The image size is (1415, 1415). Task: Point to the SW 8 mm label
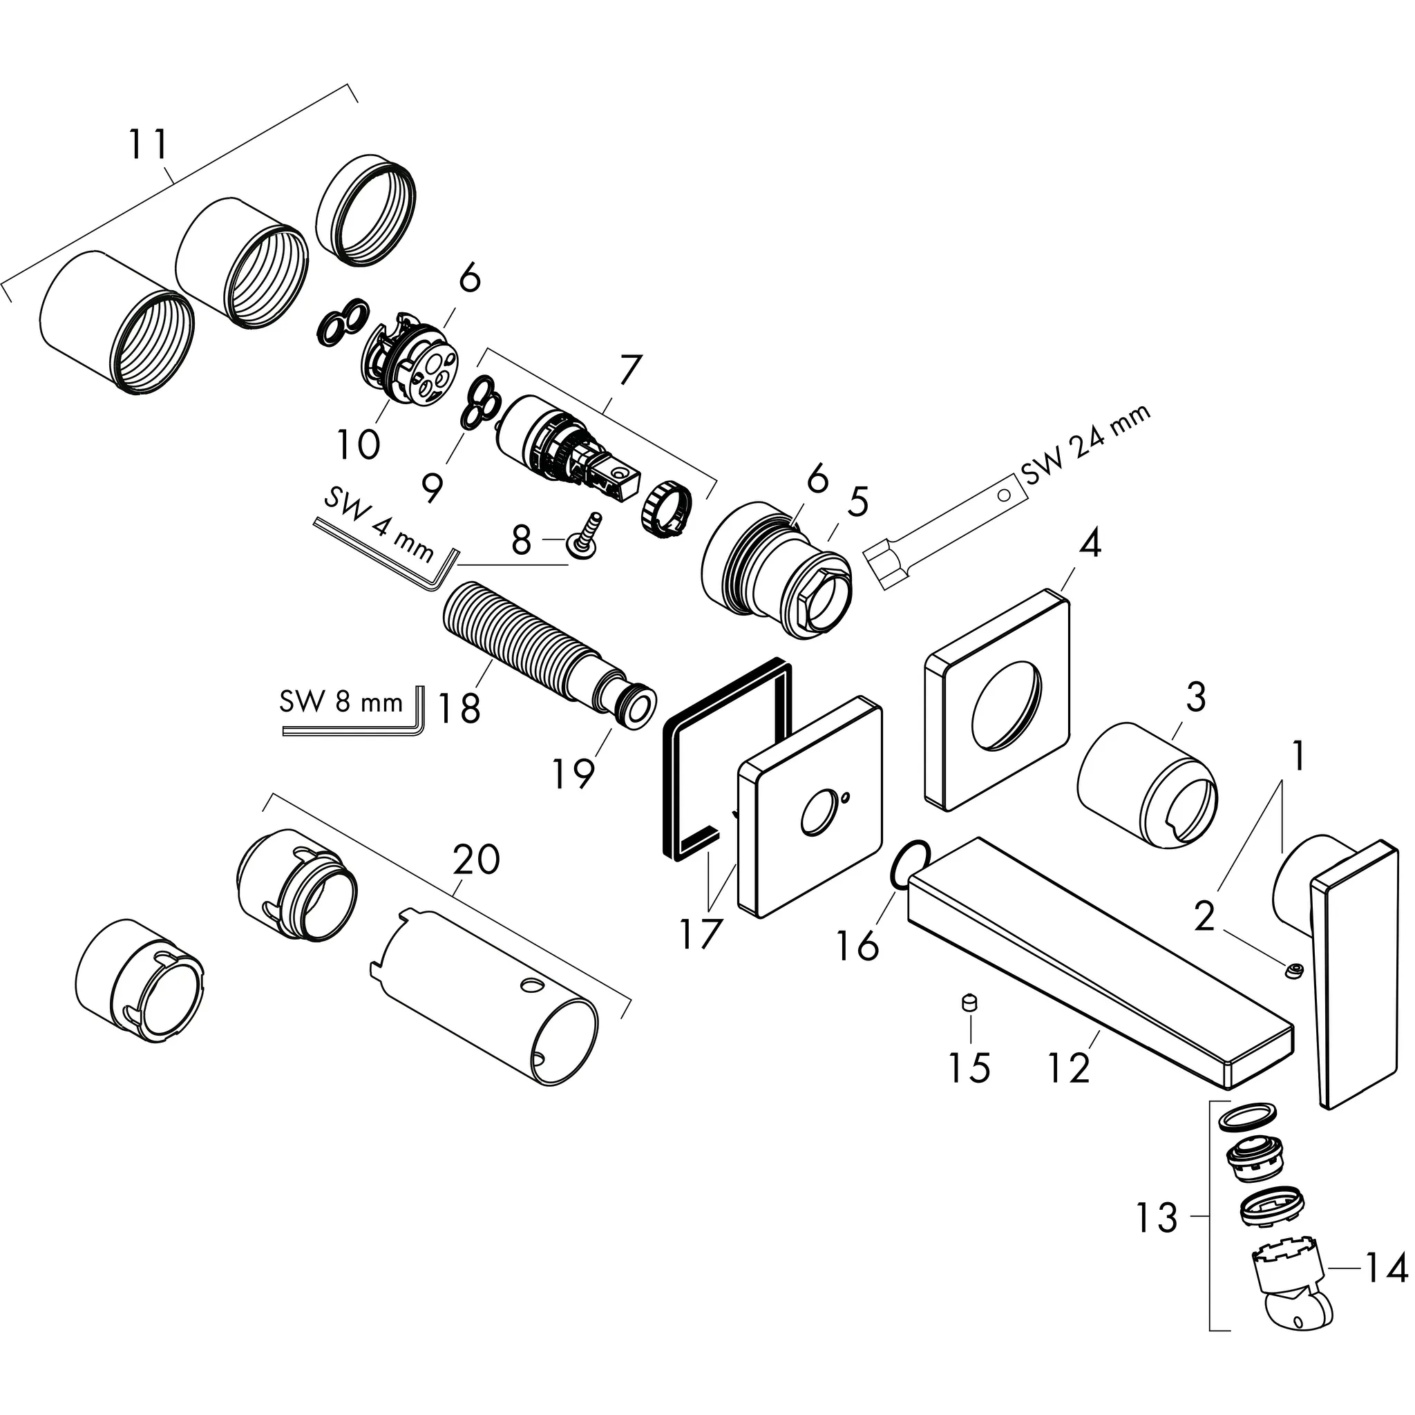tap(341, 703)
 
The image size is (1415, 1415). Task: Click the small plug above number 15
tap(971, 1001)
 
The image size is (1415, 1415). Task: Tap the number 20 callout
tap(477, 858)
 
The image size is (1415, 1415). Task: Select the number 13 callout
tap(1157, 1218)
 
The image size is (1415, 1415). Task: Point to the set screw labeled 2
tap(1296, 972)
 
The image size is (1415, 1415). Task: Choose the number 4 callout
tap(1090, 544)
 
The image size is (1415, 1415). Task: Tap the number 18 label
tap(459, 707)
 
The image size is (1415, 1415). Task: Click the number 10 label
tap(358, 443)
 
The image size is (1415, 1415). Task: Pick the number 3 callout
tap(1195, 697)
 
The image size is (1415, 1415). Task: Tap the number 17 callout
tap(701, 934)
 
